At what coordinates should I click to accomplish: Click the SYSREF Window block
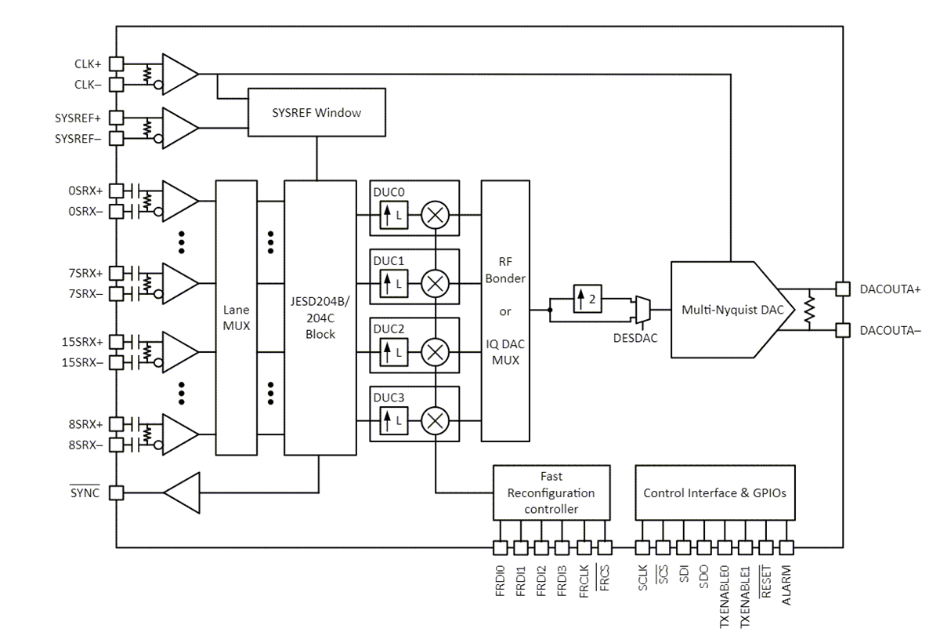point(316,113)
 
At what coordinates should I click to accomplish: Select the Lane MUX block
point(236,318)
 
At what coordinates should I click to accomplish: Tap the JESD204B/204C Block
point(320,318)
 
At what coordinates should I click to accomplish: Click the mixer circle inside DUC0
point(434,215)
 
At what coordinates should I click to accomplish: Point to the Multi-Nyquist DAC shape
point(728,310)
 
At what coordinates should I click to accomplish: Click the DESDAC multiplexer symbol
point(641,309)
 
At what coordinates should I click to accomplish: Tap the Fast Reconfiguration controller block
point(551,492)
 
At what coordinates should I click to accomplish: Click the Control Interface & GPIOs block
point(714,492)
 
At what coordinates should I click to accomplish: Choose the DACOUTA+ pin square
point(842,289)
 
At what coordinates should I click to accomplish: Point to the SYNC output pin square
point(116,493)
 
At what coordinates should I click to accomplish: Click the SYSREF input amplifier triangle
point(179,127)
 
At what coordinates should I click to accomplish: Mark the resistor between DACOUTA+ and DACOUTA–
point(811,309)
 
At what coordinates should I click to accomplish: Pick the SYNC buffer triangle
point(182,493)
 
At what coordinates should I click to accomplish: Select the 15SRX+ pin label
point(82,341)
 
